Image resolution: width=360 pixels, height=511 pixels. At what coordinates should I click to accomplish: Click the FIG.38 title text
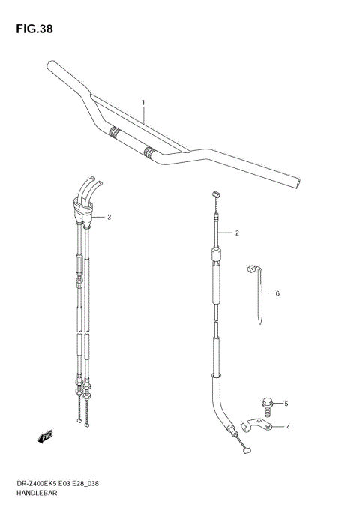click(31, 29)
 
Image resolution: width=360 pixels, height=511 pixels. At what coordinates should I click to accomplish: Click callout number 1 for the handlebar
click(143, 102)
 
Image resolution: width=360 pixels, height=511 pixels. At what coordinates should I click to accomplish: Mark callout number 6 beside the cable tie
click(277, 293)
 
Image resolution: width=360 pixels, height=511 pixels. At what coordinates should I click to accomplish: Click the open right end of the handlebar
click(299, 182)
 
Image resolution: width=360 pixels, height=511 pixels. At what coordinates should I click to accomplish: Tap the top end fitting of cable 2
click(215, 194)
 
